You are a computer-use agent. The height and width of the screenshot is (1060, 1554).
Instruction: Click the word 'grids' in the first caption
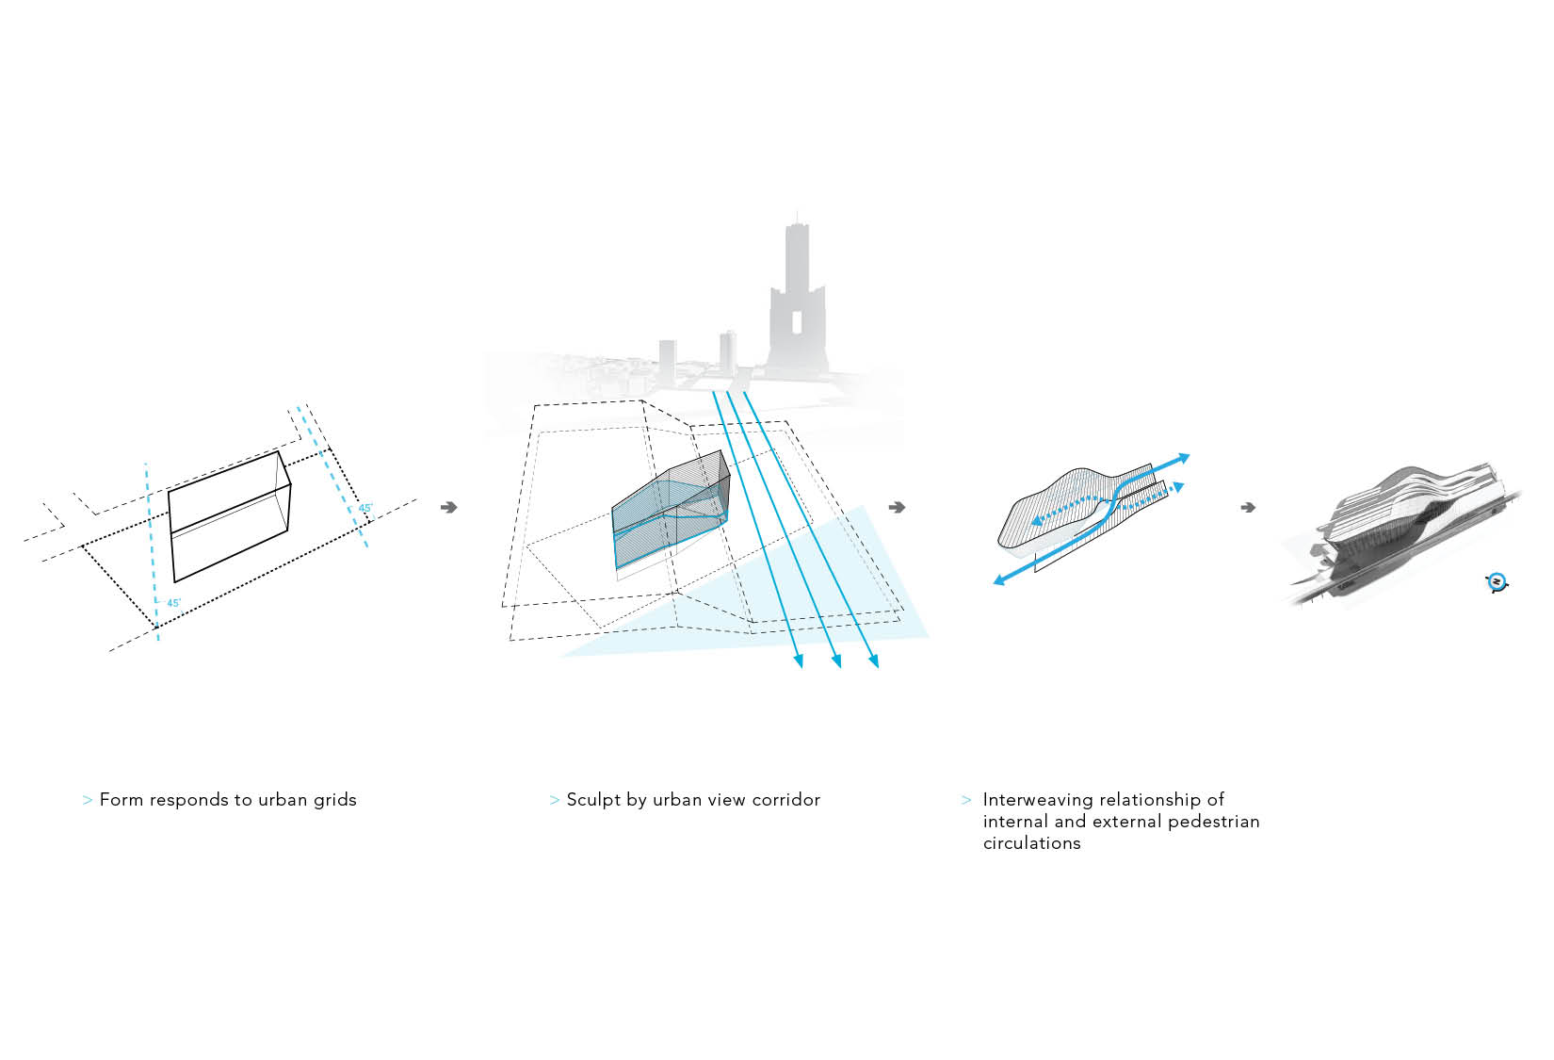334,800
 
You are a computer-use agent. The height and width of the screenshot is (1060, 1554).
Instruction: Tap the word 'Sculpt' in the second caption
592,800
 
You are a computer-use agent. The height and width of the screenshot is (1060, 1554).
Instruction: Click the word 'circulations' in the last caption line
1031,843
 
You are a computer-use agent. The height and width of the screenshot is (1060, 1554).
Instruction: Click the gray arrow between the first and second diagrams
449,507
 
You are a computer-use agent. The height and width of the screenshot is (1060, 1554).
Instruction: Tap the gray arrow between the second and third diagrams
897,507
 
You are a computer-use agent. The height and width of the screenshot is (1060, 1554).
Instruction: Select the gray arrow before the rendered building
1248,507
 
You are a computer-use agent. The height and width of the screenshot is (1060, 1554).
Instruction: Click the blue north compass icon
1497,582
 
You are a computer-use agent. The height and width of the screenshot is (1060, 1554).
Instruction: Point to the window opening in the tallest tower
797,323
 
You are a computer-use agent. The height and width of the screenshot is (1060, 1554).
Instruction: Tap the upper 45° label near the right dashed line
365,508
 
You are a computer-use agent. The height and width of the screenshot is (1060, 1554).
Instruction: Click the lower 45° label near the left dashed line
173,603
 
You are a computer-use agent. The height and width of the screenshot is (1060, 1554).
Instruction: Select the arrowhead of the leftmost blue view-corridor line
800,661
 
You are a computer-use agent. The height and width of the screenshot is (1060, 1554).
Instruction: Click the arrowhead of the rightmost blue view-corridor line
874,661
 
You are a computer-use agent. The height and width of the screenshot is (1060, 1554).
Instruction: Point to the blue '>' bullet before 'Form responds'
88,800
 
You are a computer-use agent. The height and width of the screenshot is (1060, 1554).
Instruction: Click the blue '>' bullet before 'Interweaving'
966,800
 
